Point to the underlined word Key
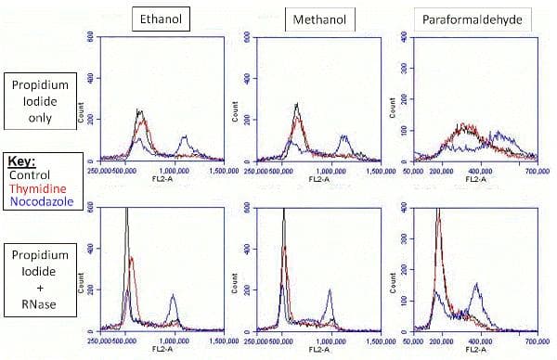pos(20,160)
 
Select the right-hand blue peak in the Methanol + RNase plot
pos(330,290)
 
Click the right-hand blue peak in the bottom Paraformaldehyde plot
pos(477,285)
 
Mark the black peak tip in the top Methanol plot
pos(296,104)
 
